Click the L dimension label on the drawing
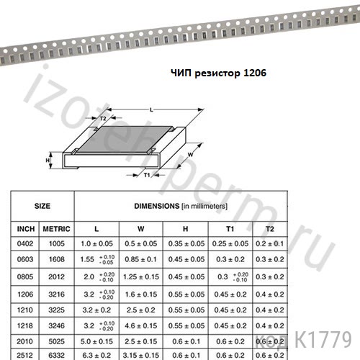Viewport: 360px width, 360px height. (x=150, y=109)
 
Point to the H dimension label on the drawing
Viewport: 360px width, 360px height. (x=48, y=160)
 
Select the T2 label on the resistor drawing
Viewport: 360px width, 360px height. (x=103, y=118)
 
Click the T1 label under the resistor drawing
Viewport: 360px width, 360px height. (x=147, y=175)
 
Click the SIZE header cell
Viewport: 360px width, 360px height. (x=42, y=205)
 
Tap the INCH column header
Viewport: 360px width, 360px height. (x=26, y=228)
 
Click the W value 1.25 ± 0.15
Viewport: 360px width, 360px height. (x=141, y=276)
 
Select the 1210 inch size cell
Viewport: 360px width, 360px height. (x=25, y=310)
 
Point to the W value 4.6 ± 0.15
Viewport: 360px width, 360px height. (x=141, y=325)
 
